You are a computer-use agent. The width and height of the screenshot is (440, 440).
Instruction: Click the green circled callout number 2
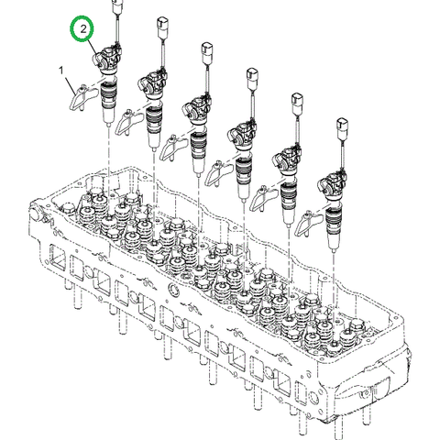pyautogui.click(x=84, y=30)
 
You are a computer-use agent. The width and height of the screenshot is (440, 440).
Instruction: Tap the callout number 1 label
pyautogui.click(x=61, y=70)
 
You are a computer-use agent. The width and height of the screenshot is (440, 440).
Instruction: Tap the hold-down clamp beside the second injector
pyautogui.click(x=129, y=119)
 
